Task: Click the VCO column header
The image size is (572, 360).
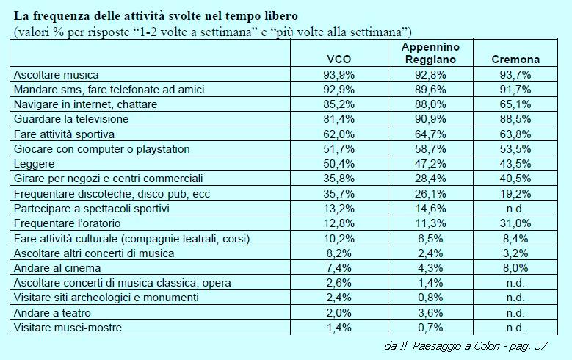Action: coord(340,60)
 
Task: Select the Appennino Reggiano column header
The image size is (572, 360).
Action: coord(431,53)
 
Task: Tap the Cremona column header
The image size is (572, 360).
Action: coord(515,60)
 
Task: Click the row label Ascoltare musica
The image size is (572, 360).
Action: coord(67,74)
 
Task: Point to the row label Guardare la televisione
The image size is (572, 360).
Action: coord(72,119)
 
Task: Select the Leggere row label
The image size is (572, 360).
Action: coord(35,163)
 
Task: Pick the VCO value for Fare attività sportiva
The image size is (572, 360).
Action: coord(340,134)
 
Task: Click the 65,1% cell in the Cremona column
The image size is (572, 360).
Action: coord(515,104)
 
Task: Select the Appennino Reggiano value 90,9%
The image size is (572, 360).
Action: coord(431,119)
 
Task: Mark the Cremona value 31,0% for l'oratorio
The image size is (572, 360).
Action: coord(515,223)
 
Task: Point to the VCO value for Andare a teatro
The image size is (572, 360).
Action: coord(340,312)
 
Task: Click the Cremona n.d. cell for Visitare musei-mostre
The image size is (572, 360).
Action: coord(515,327)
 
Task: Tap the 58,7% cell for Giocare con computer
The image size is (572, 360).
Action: coord(431,148)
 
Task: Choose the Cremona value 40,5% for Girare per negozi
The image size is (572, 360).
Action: coord(515,179)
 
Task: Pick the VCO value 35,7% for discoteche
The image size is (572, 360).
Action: coord(340,193)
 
